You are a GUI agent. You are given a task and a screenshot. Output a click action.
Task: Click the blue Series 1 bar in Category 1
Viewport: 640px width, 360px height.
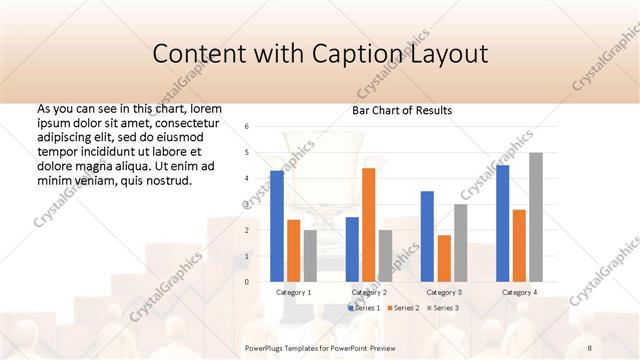coord(277,226)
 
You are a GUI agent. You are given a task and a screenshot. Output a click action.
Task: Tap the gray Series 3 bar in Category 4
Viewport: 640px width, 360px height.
coord(535,217)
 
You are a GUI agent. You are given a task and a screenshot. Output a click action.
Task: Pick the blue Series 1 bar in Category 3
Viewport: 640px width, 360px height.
coord(427,236)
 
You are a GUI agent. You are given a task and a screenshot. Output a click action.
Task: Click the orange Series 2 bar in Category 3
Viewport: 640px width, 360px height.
coord(443,258)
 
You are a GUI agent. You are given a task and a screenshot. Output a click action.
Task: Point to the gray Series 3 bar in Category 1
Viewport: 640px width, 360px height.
coord(310,256)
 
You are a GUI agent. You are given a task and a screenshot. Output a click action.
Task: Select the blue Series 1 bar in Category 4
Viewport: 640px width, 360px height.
coord(502,223)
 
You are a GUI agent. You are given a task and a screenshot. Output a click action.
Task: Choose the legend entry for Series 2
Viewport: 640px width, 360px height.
coord(403,308)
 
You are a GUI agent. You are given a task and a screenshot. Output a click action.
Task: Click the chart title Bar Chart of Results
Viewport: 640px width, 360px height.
coord(401,110)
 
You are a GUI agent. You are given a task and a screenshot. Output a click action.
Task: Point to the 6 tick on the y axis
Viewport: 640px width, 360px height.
coord(246,127)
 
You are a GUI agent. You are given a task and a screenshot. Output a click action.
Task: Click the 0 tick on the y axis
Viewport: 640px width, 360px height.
coord(246,282)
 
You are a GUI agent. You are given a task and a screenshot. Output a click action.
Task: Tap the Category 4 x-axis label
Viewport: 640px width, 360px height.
coord(518,292)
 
